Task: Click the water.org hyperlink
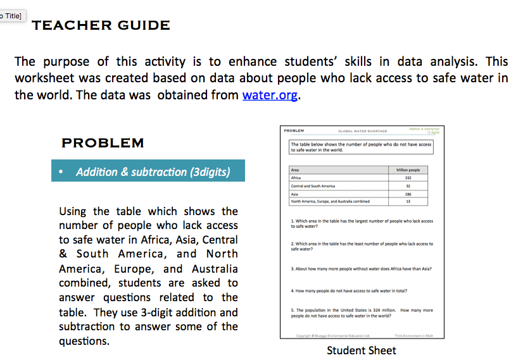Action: click(x=270, y=96)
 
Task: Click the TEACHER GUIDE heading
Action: click(x=101, y=25)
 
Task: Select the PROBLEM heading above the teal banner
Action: click(x=103, y=143)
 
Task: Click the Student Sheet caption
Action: click(x=362, y=350)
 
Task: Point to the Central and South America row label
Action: click(x=313, y=186)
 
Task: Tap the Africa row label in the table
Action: click(x=296, y=178)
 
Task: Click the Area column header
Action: click(x=295, y=170)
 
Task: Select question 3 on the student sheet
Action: click(x=362, y=268)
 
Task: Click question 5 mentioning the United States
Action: click(x=362, y=313)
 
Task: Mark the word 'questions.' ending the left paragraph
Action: click(x=84, y=341)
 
